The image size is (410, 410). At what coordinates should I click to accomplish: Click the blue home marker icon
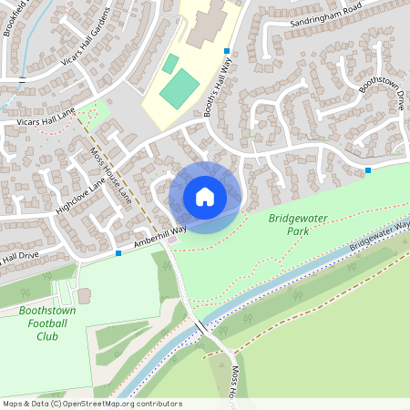[204, 197]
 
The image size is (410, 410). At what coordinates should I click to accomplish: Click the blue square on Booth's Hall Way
[227, 50]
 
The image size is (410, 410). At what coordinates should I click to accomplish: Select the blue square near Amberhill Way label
[118, 253]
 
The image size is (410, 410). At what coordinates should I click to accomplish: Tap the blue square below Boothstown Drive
[368, 170]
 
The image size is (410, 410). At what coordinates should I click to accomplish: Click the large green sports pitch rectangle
[179, 88]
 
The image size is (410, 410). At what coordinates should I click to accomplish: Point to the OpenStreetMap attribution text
[92, 403]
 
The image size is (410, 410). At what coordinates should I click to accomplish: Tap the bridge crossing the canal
[200, 327]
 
